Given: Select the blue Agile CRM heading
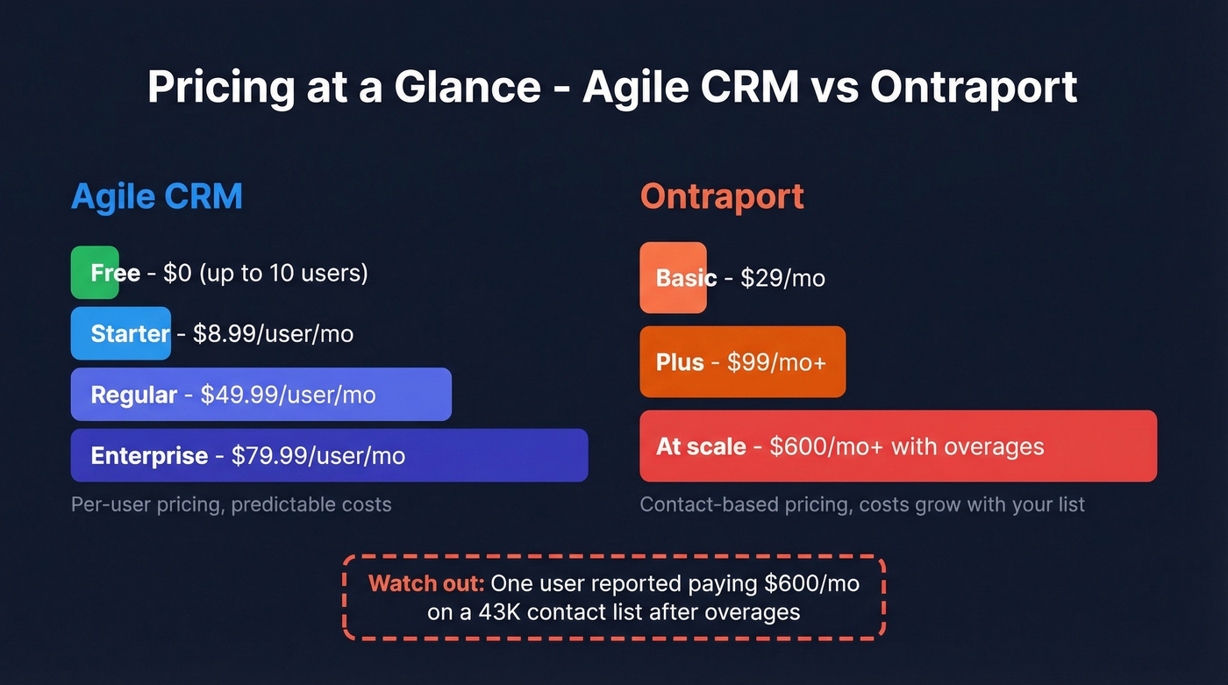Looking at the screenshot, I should coord(156,196).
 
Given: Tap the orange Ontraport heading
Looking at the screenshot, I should coord(721,196).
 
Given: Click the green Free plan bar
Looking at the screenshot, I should coord(93,273).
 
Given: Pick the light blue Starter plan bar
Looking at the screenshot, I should coord(120,333).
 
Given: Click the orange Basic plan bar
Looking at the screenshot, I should coord(672,278).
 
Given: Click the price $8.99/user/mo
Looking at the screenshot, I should coord(273,334).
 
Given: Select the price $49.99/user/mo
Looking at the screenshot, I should coord(288,396).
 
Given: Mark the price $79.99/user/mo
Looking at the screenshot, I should coord(318,456).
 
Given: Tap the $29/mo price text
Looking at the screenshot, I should coord(782,279).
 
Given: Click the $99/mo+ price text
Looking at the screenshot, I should coord(776,363).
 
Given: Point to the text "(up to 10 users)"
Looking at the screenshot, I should coord(283,274).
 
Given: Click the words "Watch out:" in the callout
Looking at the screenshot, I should coord(426,584).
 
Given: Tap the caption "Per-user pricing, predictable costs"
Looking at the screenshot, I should coord(231,505).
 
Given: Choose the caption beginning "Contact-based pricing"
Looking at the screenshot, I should coord(861,505).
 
